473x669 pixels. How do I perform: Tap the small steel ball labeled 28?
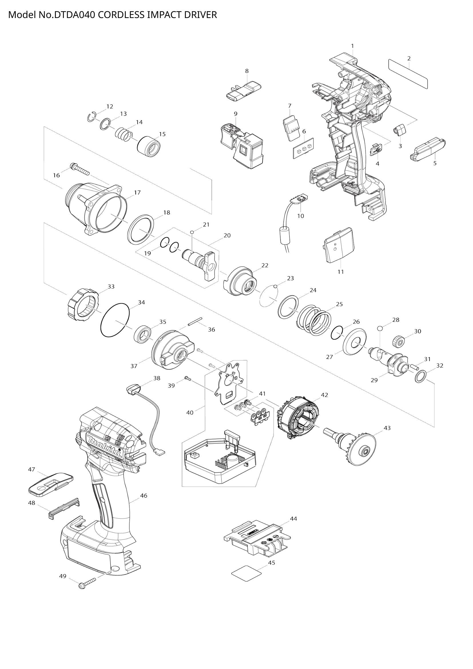point(379,328)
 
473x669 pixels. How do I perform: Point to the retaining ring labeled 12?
point(92,116)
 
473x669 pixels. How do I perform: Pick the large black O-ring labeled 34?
point(115,320)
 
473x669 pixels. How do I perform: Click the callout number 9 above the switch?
point(235,114)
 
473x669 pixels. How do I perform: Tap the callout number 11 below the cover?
point(341,271)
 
